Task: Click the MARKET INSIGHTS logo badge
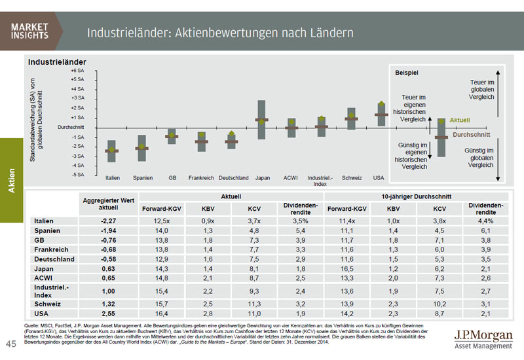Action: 31,31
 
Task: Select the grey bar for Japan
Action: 262,119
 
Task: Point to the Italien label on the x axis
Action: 112,177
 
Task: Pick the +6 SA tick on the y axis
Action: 77,69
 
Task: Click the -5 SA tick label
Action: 77,175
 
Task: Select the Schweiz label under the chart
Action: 351,177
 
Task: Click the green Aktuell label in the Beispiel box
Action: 460,120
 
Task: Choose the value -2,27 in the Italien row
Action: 107,221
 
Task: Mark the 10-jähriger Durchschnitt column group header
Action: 418,196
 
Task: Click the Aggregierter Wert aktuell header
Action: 107,204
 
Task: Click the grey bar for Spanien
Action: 141,148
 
